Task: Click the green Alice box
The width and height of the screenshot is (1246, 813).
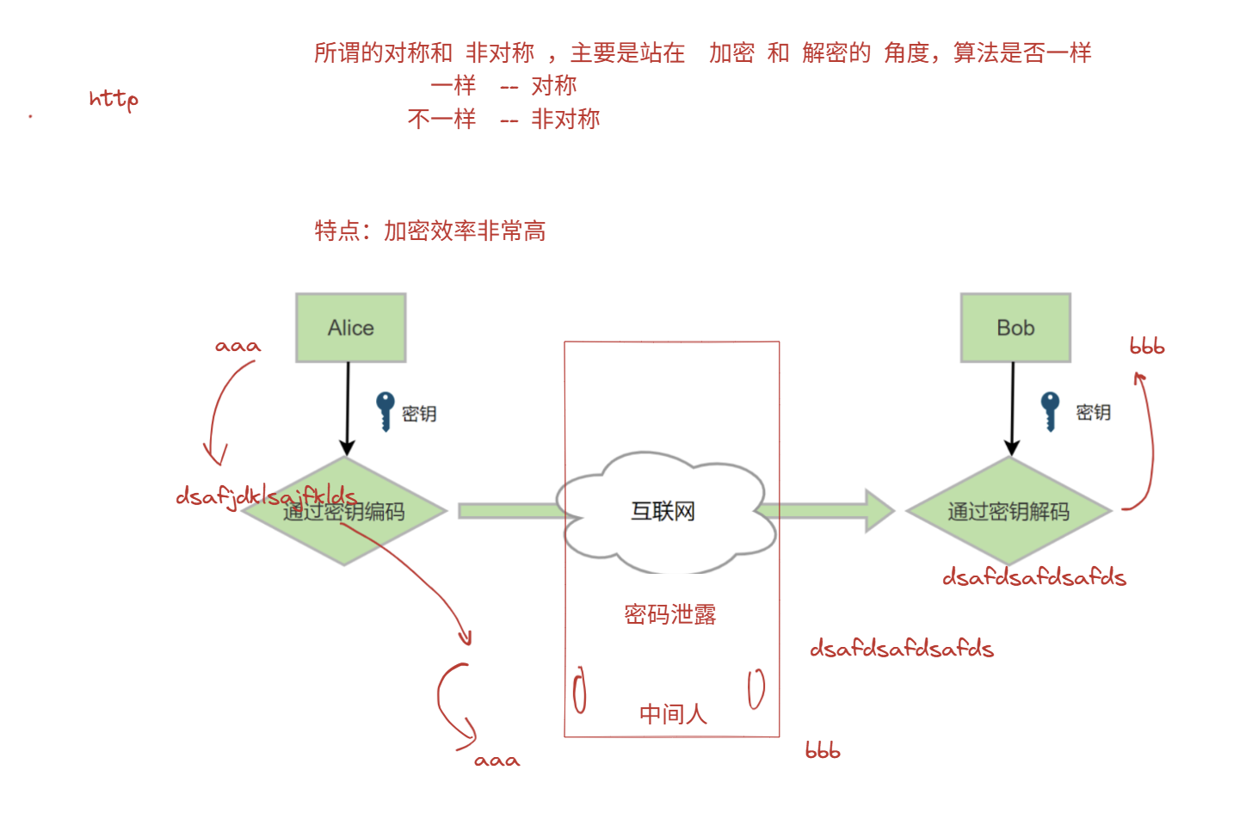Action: click(350, 328)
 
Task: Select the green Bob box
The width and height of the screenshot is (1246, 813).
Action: click(1015, 328)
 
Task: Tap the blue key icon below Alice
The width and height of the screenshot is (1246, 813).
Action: click(386, 410)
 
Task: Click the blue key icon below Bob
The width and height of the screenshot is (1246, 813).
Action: click(1050, 410)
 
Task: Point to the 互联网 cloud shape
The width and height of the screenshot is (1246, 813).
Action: click(662, 512)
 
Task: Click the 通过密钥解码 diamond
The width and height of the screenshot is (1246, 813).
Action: click(1009, 511)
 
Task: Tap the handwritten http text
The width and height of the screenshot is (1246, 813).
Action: click(113, 99)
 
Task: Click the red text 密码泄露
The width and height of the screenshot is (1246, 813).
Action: click(669, 614)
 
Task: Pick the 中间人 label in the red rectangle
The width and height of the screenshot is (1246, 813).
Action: click(672, 714)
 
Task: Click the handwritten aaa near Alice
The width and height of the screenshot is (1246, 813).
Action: click(237, 346)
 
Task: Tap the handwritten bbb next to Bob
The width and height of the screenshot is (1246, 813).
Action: click(1146, 347)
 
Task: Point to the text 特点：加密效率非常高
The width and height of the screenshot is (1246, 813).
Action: click(430, 231)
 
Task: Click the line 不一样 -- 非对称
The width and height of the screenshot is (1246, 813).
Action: click(503, 119)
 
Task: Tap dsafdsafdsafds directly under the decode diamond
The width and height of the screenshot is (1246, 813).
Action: click(1033, 577)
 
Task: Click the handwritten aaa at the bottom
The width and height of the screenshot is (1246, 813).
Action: click(497, 761)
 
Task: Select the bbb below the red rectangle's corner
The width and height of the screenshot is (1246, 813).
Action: click(822, 750)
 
